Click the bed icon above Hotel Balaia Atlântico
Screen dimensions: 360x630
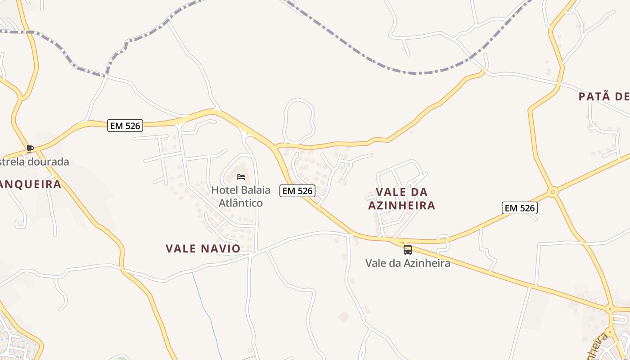pos(241,176)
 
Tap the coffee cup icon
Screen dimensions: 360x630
pos(30,148)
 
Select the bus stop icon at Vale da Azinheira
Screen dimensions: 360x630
pos(408,250)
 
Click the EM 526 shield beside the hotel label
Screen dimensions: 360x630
pos(297,191)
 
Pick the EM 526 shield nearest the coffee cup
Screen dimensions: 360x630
pos(126,126)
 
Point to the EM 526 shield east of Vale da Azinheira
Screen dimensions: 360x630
pos(520,208)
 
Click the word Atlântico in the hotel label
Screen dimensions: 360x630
pos(240,203)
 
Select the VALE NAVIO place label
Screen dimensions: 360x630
pos(203,248)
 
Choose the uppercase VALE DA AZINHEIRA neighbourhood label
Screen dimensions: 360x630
pos(401,198)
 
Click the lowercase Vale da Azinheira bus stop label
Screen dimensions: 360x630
pos(408,263)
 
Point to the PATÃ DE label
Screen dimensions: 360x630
pos(603,96)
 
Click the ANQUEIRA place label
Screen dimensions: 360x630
pos(30,184)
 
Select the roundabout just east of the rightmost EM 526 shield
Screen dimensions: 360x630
pos(553,192)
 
